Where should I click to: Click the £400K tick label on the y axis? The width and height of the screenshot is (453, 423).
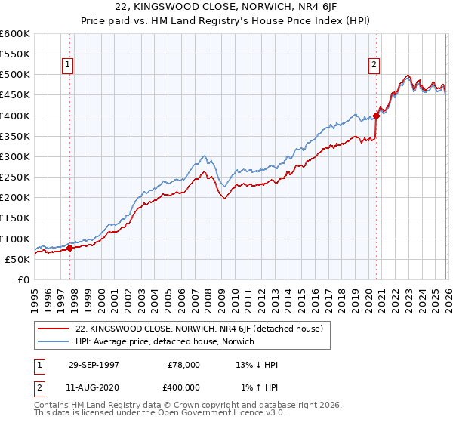[15, 116]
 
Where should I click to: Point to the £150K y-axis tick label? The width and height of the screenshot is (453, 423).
[15, 218]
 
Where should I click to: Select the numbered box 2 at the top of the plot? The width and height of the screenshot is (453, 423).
[374, 66]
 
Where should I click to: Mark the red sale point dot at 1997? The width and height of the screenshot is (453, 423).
[69, 247]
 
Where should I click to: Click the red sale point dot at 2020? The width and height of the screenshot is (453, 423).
[376, 116]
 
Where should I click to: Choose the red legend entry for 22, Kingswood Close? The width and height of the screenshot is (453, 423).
[199, 329]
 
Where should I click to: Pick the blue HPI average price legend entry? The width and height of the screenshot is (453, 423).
[165, 342]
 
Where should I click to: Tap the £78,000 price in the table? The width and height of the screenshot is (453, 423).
[183, 364]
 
